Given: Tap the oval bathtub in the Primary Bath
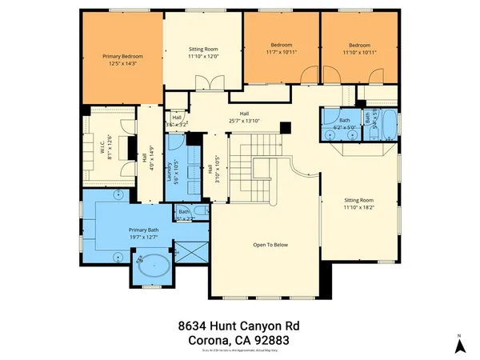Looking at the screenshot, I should pyautogui.click(x=151, y=266).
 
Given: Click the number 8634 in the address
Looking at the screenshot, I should pyautogui.click(x=194, y=326).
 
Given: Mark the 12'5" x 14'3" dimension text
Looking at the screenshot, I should pyautogui.click(x=122, y=64).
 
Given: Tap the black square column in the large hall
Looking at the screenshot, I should pyautogui.click(x=285, y=126).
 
